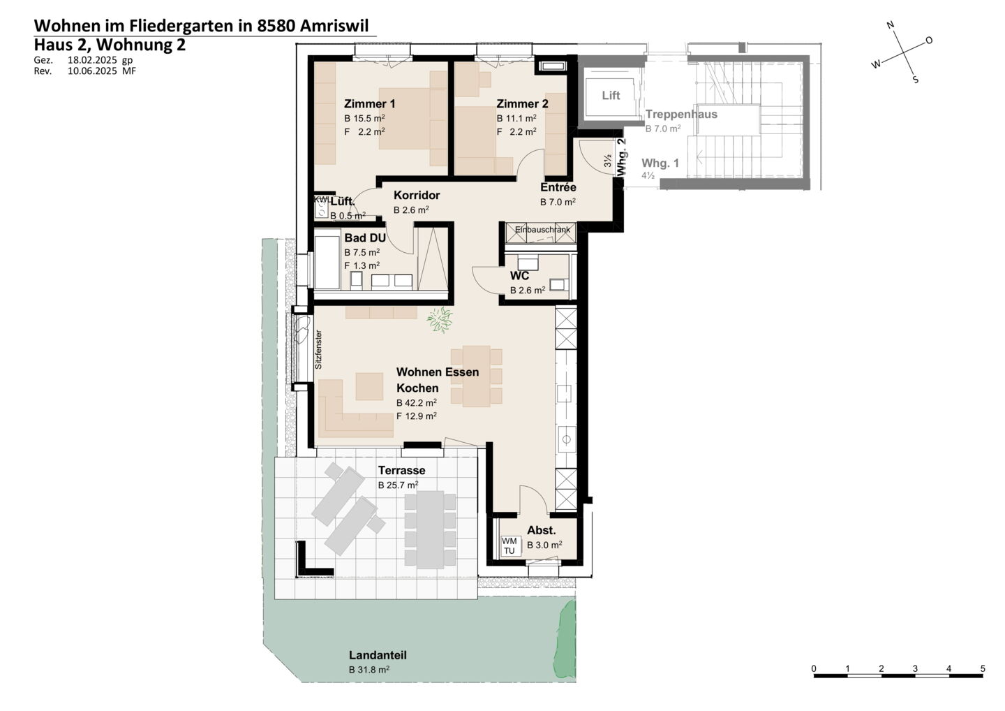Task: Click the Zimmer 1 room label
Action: point(369,103)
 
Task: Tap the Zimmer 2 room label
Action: point(522,103)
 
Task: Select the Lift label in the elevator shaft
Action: point(611,95)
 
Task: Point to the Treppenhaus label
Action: point(681,115)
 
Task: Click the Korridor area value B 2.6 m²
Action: point(411,210)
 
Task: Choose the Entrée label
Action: point(558,187)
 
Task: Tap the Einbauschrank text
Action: point(542,229)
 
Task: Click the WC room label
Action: point(519,276)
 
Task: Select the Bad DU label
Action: point(365,238)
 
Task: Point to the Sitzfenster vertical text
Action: point(318,350)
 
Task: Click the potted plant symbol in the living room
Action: point(440,320)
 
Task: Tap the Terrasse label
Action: point(401,471)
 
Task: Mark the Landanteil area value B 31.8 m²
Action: point(368,669)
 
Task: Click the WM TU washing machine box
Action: point(509,545)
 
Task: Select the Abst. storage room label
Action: point(541,531)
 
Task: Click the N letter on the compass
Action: point(891,25)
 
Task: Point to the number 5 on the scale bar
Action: point(983,669)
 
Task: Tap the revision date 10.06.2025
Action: point(92,71)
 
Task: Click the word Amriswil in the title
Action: point(334,26)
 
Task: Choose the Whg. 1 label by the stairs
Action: point(660,163)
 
